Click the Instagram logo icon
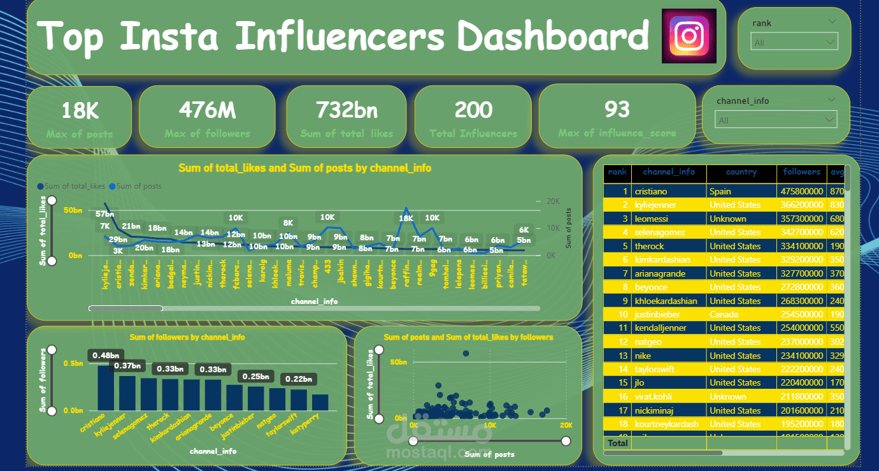(689, 36)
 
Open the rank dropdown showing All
(795, 43)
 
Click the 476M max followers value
(207, 110)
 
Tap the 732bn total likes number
(347, 110)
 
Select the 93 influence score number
(617, 110)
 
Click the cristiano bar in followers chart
(106, 388)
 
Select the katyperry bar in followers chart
(320, 402)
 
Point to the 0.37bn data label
(127, 366)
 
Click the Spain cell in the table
(720, 191)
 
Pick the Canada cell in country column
(724, 314)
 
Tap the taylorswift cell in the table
(654, 369)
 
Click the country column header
(741, 172)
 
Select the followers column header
(801, 172)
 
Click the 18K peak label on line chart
(406, 218)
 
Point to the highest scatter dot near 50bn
(466, 353)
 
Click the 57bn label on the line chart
(105, 214)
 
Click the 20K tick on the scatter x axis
(566, 424)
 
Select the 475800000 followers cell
(801, 191)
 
